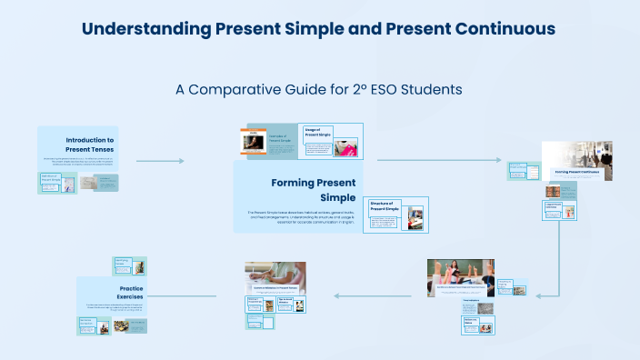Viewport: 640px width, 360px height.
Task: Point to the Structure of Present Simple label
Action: (381, 206)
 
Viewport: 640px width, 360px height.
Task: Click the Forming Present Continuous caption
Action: (576, 171)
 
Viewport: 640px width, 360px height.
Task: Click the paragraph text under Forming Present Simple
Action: (301, 217)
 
